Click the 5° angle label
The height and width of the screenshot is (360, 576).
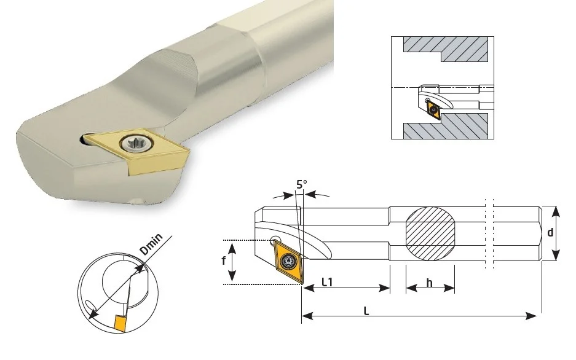[302, 184]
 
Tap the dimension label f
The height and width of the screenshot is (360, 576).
[223, 260]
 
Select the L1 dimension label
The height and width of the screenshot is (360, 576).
[327, 282]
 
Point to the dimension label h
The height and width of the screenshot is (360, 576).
[430, 283]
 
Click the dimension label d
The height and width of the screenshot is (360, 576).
[550, 232]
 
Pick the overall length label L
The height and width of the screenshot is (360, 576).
[366, 311]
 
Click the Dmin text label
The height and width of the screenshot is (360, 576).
[151, 244]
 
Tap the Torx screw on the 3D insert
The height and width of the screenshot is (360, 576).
[136, 144]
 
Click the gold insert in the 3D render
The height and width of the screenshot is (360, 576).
[135, 150]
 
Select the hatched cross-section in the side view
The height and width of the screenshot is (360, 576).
[430, 233]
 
